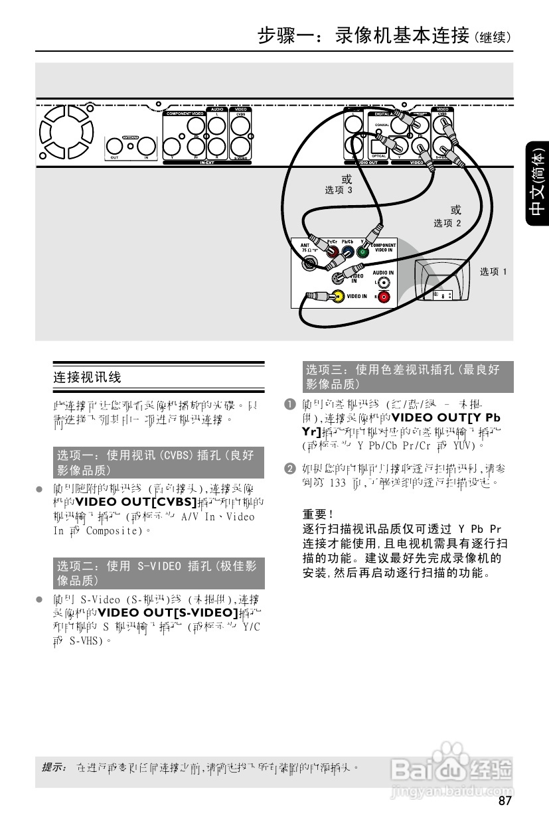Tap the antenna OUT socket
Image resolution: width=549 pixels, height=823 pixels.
pyautogui.click(x=115, y=146)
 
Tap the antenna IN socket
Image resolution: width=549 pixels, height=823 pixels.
pyautogui.click(x=146, y=146)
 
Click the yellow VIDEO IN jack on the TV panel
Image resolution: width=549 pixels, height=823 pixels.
pyautogui.click(x=339, y=296)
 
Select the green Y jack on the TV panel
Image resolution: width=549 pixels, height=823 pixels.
pyautogui.click(x=362, y=252)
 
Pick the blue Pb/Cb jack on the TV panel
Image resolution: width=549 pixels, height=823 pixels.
pyautogui.click(x=348, y=252)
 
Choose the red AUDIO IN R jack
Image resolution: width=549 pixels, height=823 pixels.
pyautogui.click(x=384, y=297)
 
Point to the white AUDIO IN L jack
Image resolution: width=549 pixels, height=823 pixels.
pyautogui.click(x=384, y=283)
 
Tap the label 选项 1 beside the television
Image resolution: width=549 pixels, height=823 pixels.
pyautogui.click(x=493, y=271)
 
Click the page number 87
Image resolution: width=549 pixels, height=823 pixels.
pyautogui.click(x=505, y=801)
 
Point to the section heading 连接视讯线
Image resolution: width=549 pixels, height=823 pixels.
pyautogui.click(x=87, y=378)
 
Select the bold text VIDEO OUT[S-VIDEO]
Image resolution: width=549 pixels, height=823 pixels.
pyautogui.click(x=167, y=612)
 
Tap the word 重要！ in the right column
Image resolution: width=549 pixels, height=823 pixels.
pyautogui.click(x=317, y=514)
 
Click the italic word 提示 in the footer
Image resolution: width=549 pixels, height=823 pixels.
pyautogui.click(x=54, y=767)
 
